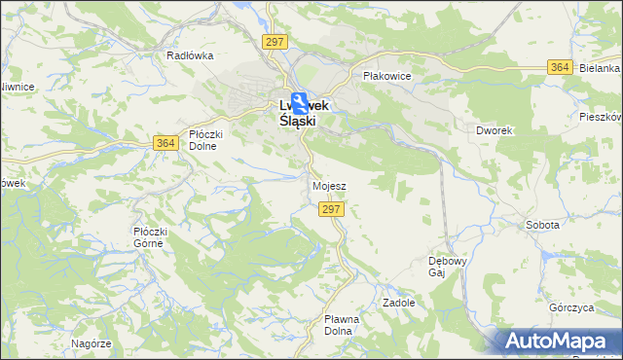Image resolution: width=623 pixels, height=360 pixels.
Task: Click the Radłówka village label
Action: (x=190, y=55)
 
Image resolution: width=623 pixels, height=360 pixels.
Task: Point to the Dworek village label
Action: (x=495, y=129)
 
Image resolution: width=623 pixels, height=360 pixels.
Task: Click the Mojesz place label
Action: (x=329, y=185)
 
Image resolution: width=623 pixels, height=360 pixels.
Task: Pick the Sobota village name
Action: (x=542, y=225)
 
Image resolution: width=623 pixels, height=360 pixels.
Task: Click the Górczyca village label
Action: (x=571, y=307)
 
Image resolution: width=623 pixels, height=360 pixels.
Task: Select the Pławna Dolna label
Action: (x=342, y=324)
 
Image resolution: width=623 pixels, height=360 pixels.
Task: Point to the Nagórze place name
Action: (x=92, y=343)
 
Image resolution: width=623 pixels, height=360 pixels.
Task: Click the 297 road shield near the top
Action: (x=275, y=40)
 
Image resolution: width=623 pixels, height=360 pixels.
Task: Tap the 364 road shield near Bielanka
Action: (x=559, y=66)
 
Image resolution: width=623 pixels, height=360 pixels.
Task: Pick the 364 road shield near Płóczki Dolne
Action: (x=165, y=143)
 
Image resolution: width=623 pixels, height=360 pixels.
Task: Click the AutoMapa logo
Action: (x=558, y=341)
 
